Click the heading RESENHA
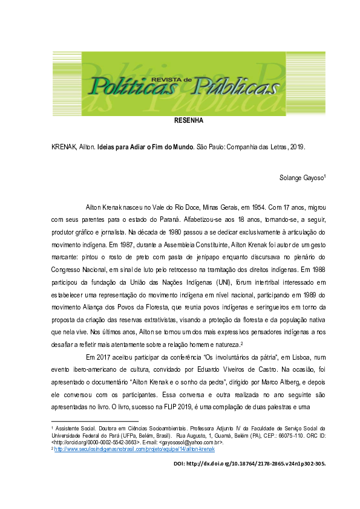[x=188, y=120]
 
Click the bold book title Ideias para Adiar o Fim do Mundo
[x=146, y=147]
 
